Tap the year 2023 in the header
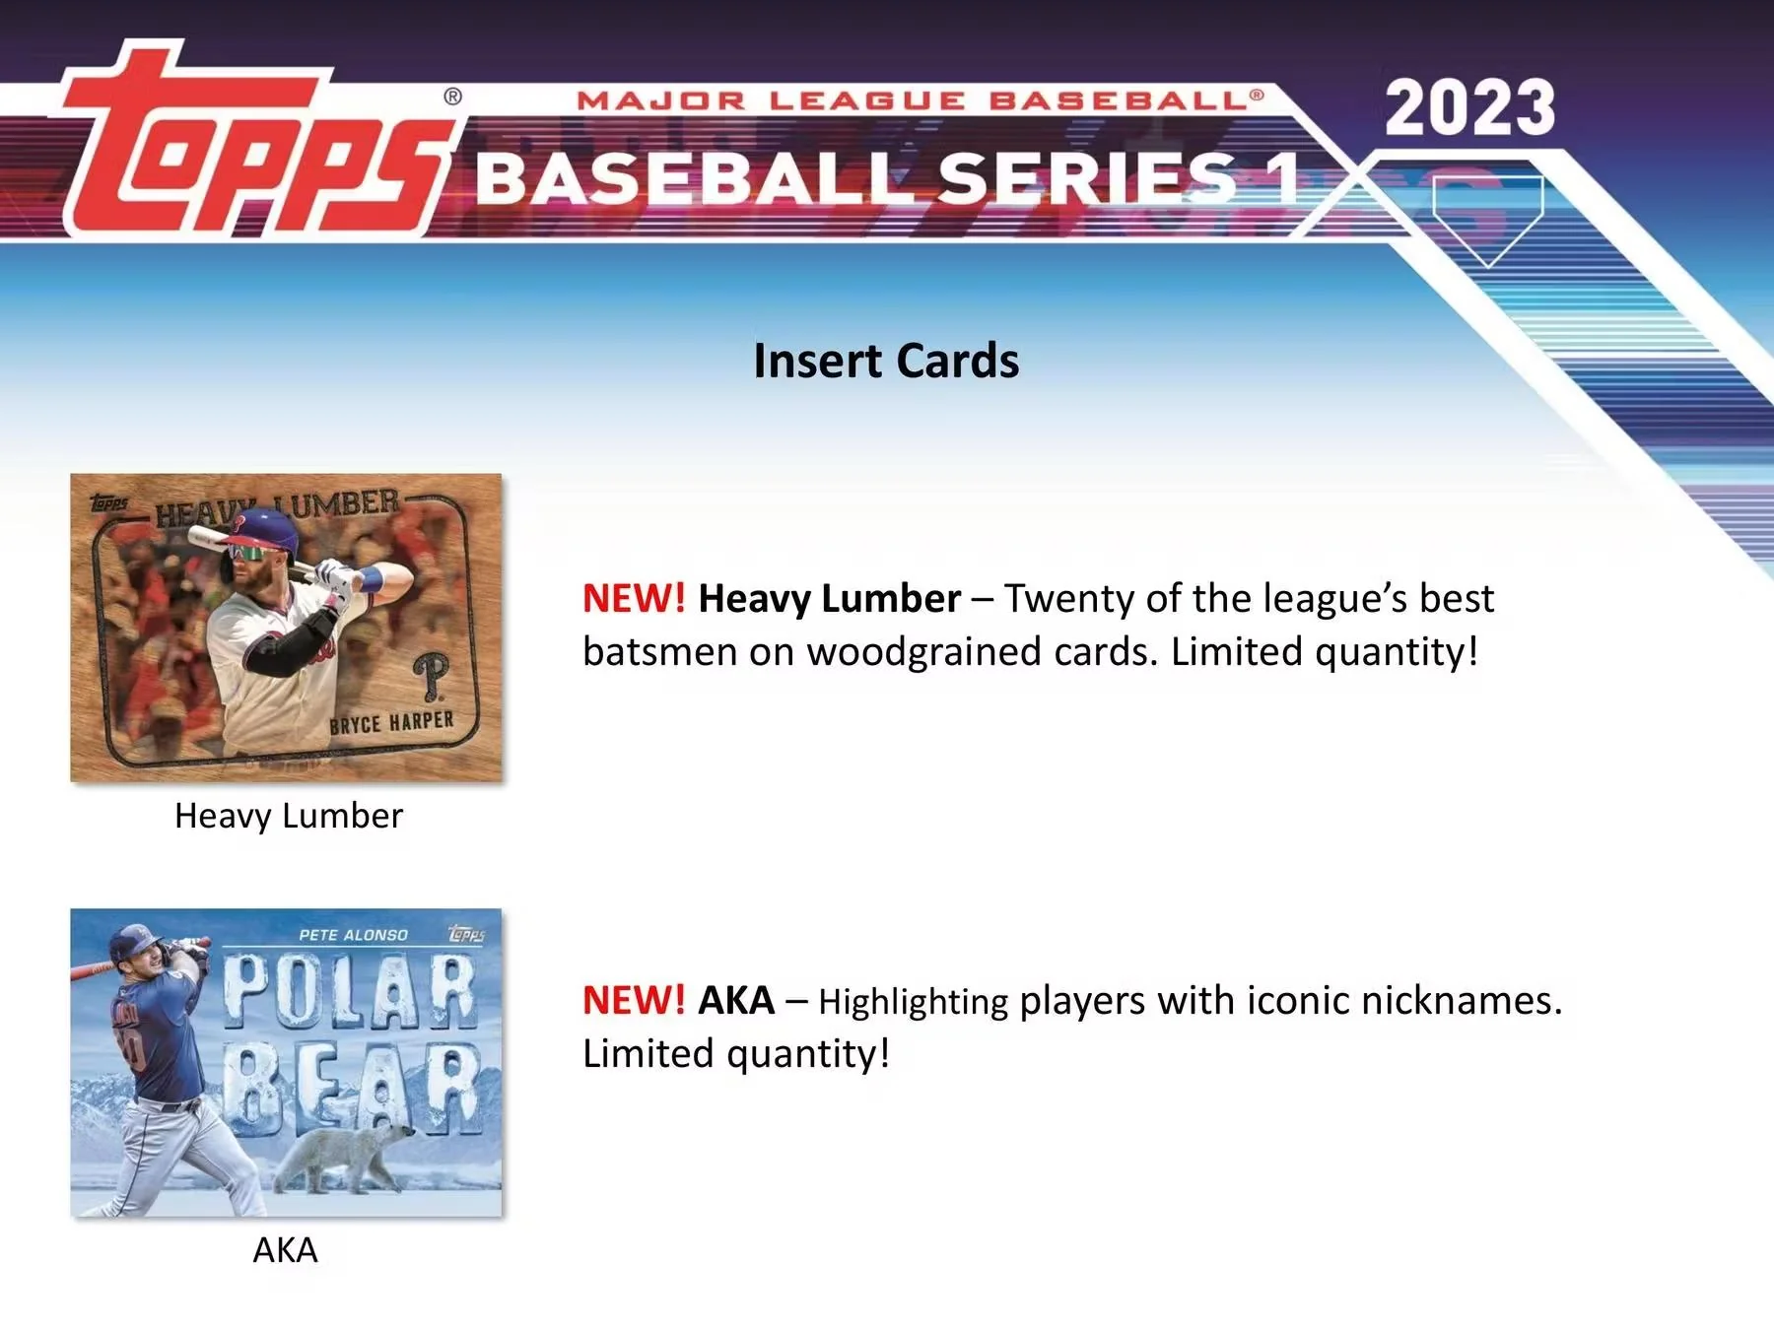coord(1469,107)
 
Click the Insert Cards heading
coord(886,361)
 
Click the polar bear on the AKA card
coord(350,1153)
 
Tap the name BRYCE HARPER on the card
coord(391,723)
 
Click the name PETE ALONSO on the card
coord(353,934)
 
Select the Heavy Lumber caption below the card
coord(288,816)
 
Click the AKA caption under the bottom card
coord(285,1250)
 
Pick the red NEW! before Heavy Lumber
coord(633,599)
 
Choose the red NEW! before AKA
coord(633,1001)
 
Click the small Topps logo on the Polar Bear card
coord(466,933)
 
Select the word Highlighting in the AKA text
coord(913,1002)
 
